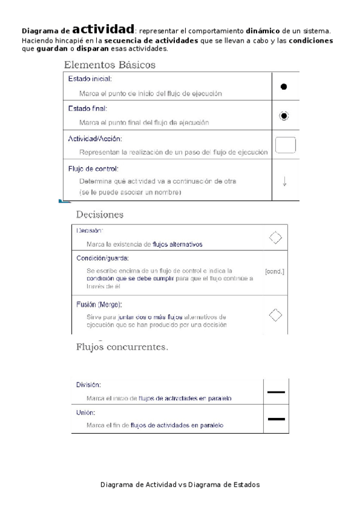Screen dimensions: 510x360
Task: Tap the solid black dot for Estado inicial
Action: tap(284, 87)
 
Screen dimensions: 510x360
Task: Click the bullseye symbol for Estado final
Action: tap(284, 116)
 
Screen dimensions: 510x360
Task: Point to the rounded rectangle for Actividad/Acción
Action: tap(285, 146)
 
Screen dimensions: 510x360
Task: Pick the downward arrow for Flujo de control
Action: tap(284, 181)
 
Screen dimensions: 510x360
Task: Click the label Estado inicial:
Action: tap(90, 79)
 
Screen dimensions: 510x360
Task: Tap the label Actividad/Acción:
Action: tap(95, 138)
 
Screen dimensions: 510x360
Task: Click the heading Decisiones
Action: tap(99, 214)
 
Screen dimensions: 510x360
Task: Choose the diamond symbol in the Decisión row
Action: tap(275, 237)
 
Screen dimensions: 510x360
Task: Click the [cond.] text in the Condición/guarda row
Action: tap(275, 271)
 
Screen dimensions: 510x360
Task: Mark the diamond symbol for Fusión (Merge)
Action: tap(275, 315)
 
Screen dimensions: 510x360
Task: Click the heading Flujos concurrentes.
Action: tap(121, 346)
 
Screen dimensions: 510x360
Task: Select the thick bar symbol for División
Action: tap(276, 392)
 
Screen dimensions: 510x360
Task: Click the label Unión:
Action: tap(85, 413)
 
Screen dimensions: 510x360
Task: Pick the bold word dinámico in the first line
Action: tap(263, 30)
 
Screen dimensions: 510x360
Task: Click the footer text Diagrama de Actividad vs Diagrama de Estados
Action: tap(180, 484)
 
